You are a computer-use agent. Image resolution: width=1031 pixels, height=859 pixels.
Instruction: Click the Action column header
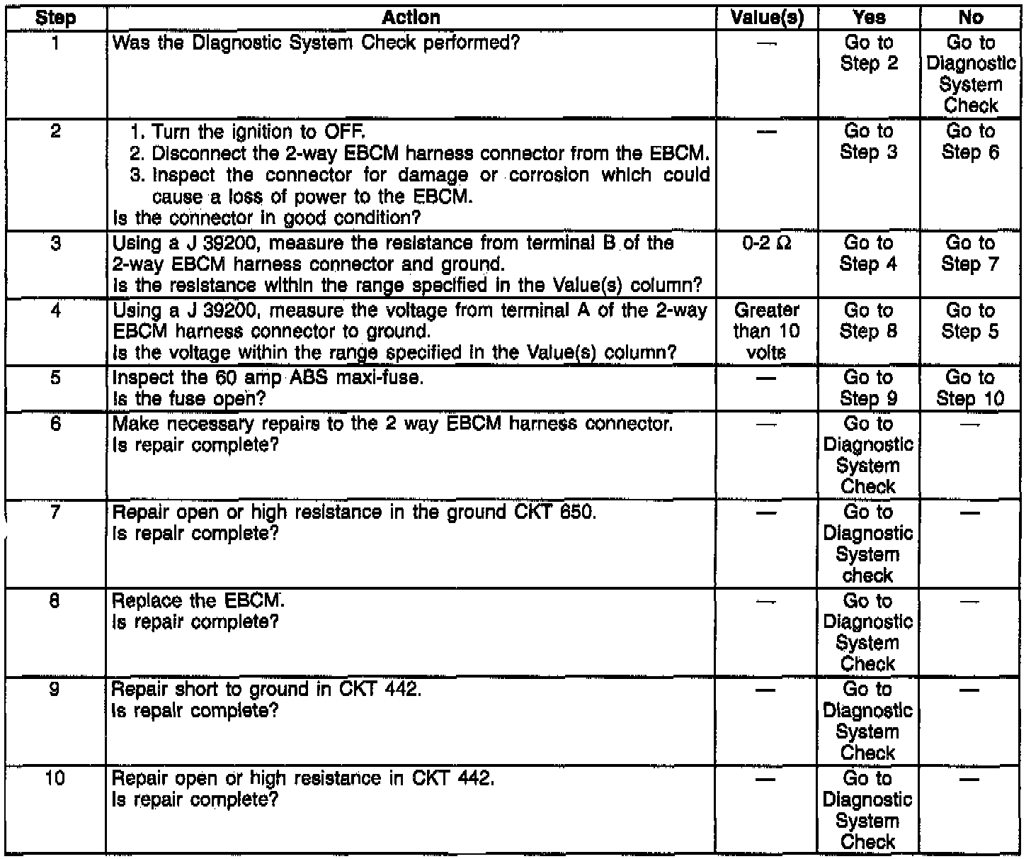coord(411,18)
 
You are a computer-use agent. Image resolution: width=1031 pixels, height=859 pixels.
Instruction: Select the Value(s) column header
coord(767,18)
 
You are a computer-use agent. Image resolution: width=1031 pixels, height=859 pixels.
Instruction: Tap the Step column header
coord(55,18)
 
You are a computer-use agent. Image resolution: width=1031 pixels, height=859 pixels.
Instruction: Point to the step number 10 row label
coord(55,779)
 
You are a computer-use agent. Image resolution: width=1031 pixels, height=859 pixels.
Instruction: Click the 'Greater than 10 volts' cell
coord(767,331)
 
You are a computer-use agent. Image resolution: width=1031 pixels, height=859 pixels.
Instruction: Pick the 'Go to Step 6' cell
coord(970,142)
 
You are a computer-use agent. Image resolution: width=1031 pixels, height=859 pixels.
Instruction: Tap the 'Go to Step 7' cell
coord(970,254)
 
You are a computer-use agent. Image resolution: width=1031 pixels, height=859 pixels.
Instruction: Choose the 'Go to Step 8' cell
coord(868,321)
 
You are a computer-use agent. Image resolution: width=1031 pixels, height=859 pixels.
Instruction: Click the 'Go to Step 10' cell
coord(970,388)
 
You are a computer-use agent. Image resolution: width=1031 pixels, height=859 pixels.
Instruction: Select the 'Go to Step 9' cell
coord(868,388)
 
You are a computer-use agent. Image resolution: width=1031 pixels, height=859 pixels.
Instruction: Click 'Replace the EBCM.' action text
coord(198,602)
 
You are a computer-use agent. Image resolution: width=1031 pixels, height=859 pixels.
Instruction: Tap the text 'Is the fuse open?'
coord(189,399)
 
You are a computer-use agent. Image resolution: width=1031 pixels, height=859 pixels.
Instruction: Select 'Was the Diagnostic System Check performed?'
coord(316,43)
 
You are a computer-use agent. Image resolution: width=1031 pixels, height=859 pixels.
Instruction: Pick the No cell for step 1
coord(970,74)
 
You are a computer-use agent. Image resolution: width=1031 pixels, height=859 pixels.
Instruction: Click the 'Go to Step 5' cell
coord(970,321)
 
